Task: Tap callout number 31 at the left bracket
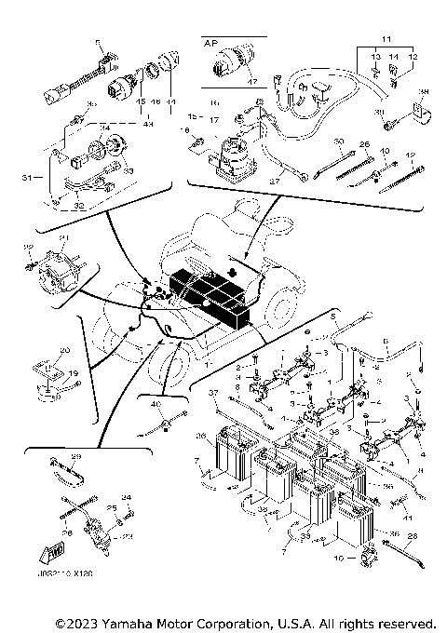click(25, 178)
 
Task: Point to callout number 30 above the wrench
click(338, 141)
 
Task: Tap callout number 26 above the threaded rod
click(365, 144)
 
